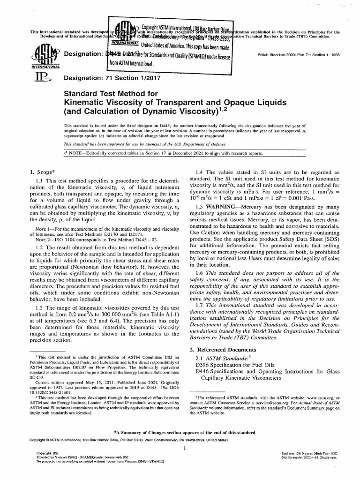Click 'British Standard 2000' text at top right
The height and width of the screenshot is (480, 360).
point(279,54)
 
